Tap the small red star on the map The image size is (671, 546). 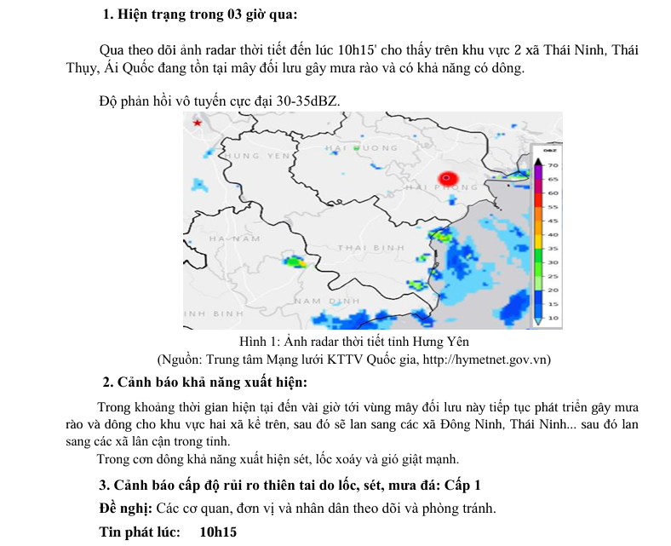pyautogui.click(x=198, y=124)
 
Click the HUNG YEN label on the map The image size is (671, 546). pyautogui.click(x=255, y=156)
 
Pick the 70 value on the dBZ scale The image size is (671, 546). pyautogui.click(x=552, y=165)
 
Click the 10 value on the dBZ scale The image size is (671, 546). pyautogui.click(x=552, y=318)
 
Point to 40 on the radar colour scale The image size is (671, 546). pyautogui.click(x=552, y=234)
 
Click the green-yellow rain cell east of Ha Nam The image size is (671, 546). pyautogui.click(x=295, y=262)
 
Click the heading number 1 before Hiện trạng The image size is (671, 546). pyautogui.click(x=107, y=14)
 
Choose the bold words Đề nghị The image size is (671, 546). pyautogui.click(x=125, y=509)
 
